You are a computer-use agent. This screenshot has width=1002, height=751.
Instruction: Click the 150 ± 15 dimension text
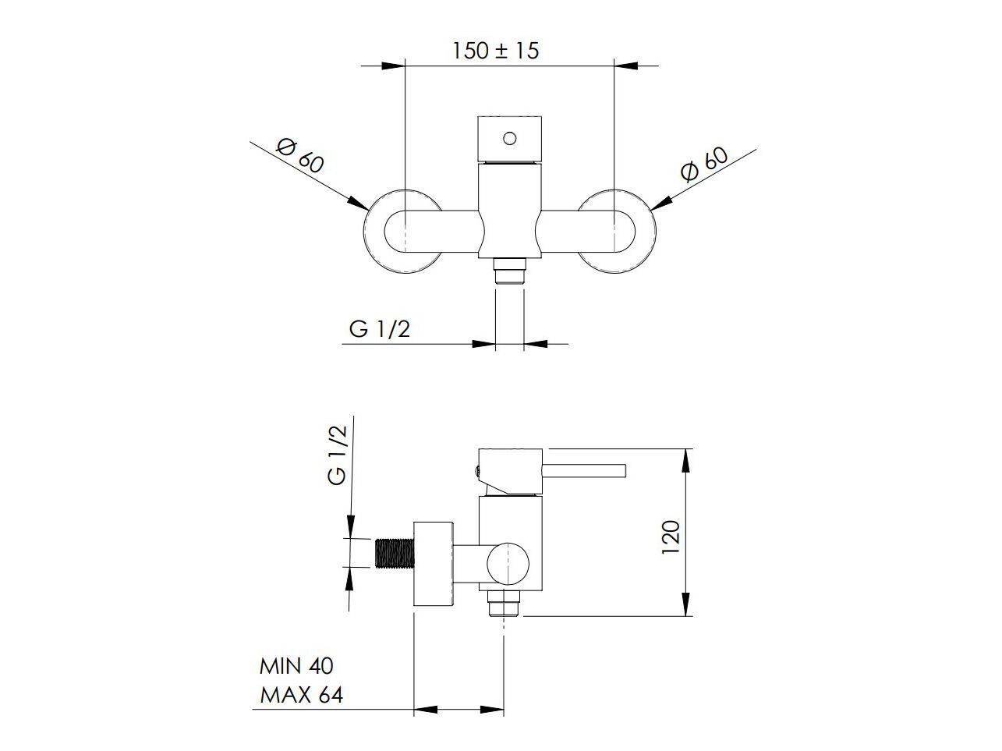click(495, 51)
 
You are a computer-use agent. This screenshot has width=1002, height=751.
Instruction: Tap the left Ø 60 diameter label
click(300, 156)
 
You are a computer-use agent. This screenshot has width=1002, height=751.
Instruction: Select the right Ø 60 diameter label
click(704, 164)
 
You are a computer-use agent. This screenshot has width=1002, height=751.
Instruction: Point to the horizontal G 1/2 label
click(379, 329)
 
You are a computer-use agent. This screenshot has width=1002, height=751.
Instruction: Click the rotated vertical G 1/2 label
click(338, 455)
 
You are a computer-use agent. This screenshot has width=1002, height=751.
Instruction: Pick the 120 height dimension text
click(671, 537)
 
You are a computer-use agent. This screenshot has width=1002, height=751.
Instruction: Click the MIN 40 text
click(296, 667)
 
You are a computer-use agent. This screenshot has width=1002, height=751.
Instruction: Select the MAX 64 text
click(301, 696)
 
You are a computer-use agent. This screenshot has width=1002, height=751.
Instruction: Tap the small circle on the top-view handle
click(509, 138)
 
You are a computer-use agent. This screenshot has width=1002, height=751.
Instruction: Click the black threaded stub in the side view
click(395, 554)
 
